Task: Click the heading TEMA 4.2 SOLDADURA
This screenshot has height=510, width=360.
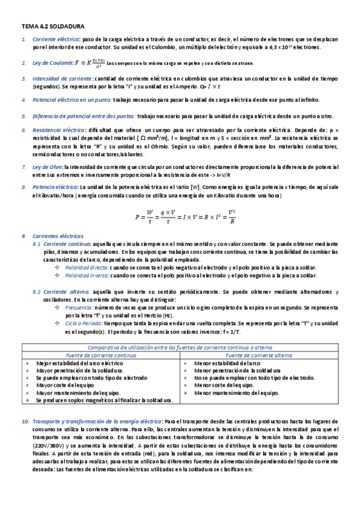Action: [x=53, y=27]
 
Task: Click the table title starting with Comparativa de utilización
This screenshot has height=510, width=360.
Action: [x=180, y=348]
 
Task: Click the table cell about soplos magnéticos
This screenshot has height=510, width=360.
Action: [x=104, y=400]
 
